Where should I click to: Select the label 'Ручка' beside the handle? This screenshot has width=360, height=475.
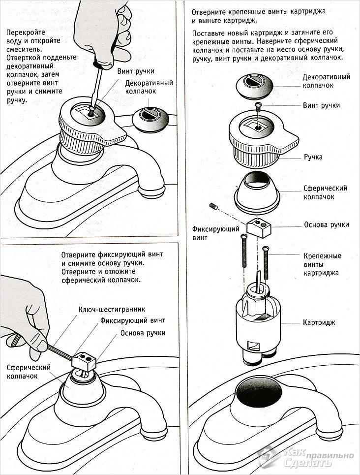coord(313,157)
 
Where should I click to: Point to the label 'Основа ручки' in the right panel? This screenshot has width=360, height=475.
coord(327,224)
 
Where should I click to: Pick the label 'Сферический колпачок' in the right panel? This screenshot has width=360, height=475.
coord(325,192)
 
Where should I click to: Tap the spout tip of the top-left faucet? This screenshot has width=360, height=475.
coord(151,190)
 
